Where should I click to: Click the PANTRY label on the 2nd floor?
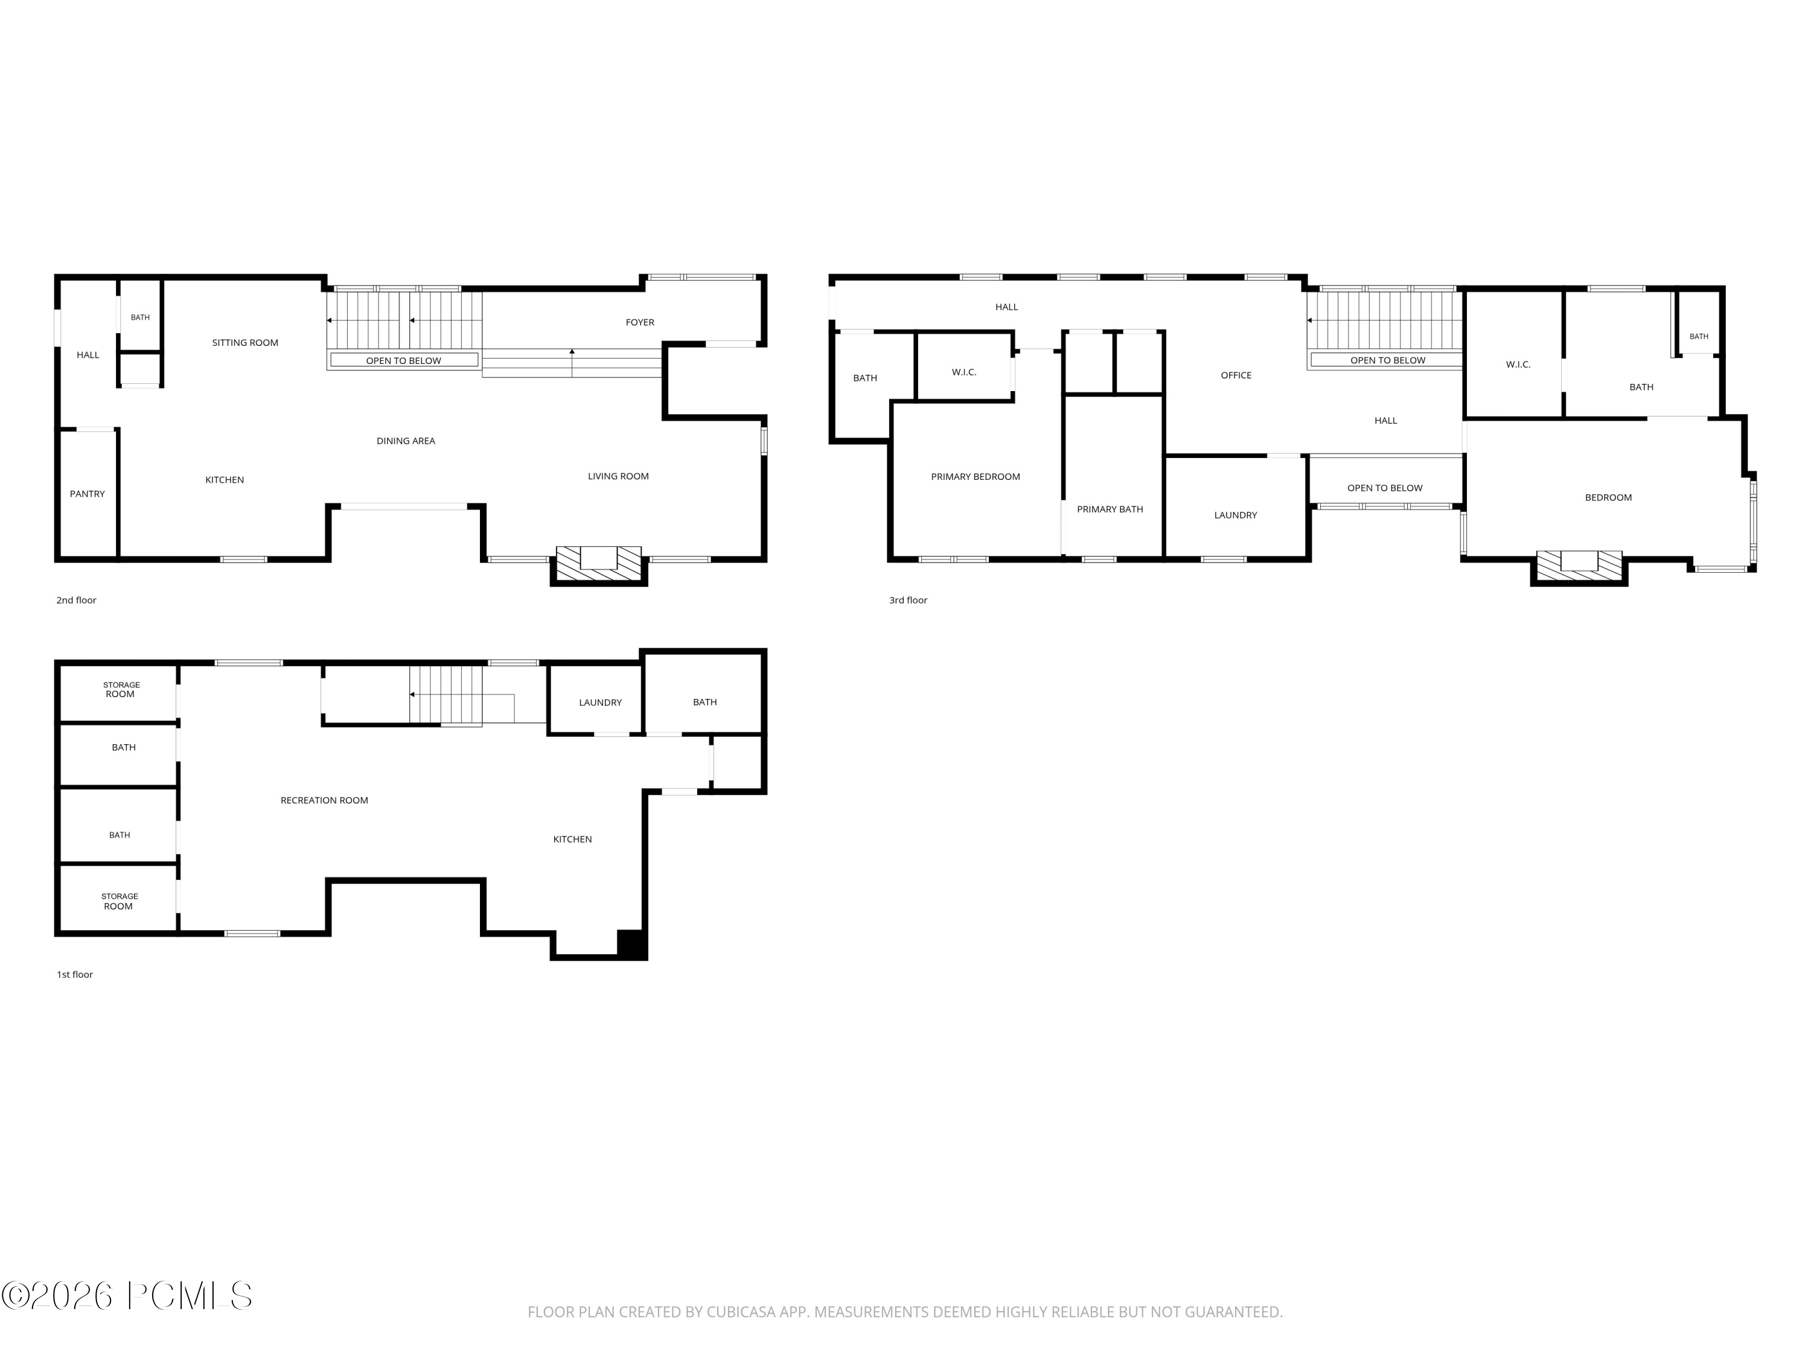88,494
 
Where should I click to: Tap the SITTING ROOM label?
245,343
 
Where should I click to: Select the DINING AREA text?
406,441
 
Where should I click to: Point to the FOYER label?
640,322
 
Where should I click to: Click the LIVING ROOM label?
618,476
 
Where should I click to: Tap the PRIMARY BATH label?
1110,510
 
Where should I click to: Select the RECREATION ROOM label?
324,800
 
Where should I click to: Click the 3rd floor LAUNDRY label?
1236,515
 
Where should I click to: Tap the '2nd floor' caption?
76,601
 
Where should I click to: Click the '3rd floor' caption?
908,601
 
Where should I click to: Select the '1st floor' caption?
74,975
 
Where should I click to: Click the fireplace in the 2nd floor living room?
598,565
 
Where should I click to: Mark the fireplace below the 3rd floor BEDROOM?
1579,567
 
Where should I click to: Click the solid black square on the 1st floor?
631,944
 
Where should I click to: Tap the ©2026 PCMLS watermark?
126,1296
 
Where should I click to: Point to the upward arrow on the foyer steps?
572,363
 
